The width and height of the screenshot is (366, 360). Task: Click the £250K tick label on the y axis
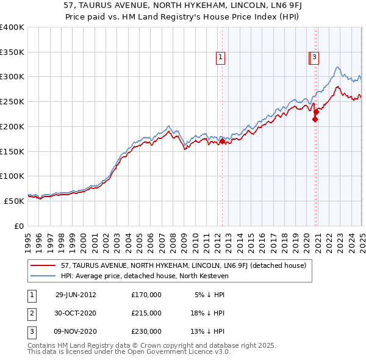[x=12, y=102]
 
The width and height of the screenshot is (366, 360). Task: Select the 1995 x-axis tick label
[x=28, y=237]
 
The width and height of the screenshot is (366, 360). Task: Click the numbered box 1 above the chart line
[x=220, y=58]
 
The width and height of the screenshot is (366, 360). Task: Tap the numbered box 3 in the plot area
[x=314, y=58]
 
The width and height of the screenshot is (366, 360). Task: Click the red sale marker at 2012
[x=223, y=142]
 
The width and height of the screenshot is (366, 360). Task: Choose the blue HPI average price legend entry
[x=144, y=276]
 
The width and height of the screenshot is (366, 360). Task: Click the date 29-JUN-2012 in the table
[x=76, y=295]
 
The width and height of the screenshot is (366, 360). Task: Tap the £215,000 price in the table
[x=146, y=313]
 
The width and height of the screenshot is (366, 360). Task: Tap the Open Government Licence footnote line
[x=129, y=352]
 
